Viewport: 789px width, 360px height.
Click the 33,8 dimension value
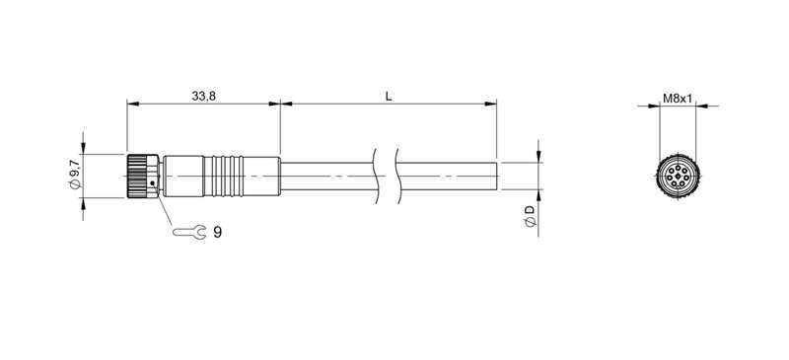[203, 96]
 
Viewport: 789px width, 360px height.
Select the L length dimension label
[389, 96]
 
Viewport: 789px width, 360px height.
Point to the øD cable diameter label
[530, 217]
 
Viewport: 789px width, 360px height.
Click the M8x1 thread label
[677, 99]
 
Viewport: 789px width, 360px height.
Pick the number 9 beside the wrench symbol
[217, 233]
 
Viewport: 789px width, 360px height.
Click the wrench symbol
[188, 234]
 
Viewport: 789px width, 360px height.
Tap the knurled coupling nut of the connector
[142, 177]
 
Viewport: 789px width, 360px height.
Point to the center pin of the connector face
[677, 178]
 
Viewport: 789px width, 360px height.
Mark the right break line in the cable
[394, 176]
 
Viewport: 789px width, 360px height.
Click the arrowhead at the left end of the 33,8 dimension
[131, 104]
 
